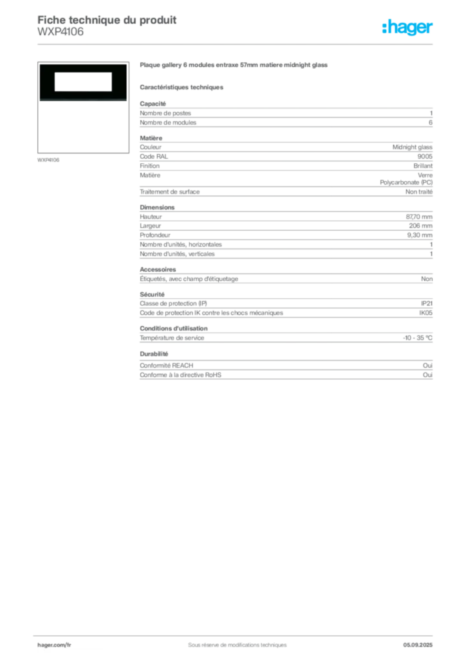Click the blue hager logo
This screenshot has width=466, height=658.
click(408, 28)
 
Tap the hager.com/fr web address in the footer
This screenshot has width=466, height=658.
click(54, 644)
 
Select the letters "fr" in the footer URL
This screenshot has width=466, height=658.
click(68, 644)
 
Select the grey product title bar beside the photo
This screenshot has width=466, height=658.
click(234, 66)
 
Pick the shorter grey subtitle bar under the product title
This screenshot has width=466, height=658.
click(183, 87)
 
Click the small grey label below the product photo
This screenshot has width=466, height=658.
click(49, 159)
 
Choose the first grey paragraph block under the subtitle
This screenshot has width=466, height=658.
click(285, 114)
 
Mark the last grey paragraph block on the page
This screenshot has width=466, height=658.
click(285, 366)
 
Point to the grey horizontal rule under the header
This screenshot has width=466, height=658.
click(237, 44)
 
